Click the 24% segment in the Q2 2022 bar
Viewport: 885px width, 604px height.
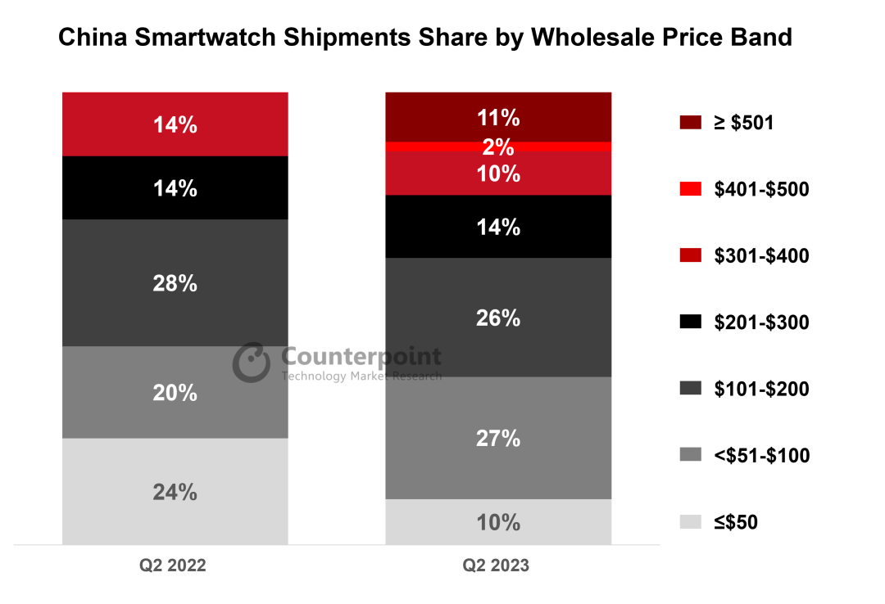coord(175,492)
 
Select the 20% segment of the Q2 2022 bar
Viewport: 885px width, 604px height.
coord(175,393)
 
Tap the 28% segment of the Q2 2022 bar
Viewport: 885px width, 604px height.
coord(175,283)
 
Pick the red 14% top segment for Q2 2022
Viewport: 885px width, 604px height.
coord(175,124)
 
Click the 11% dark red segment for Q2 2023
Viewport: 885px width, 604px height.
coord(498,117)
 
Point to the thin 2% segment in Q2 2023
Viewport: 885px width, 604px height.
coord(498,146)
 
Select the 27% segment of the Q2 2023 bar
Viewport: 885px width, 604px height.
coord(498,438)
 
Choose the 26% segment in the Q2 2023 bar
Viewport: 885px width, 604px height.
coord(498,318)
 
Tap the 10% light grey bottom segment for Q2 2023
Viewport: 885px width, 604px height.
coord(498,521)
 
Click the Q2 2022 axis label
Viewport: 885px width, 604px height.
coord(173,566)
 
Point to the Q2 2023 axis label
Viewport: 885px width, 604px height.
coord(496,566)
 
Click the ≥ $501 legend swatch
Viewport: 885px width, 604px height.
coord(690,124)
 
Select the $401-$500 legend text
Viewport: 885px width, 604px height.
coord(761,190)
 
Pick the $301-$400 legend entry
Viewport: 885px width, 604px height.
coord(761,256)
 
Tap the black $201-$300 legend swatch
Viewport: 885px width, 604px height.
coord(690,322)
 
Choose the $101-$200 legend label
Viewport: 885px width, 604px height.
coord(761,389)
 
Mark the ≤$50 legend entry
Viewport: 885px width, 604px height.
coord(735,522)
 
